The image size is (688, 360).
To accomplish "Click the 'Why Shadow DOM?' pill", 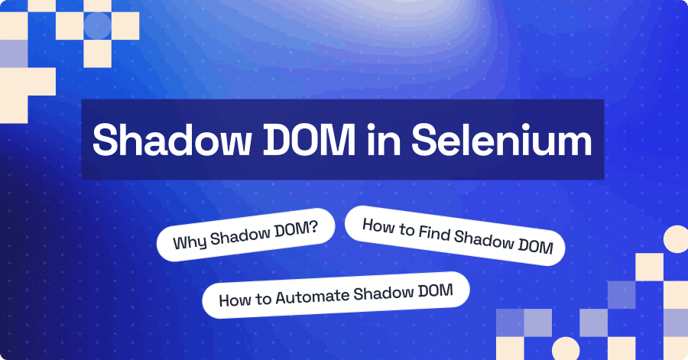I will [246, 233].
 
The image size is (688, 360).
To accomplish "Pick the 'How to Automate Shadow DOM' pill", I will [336, 294].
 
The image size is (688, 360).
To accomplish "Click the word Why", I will [189, 243].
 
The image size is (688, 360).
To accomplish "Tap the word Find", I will [432, 233].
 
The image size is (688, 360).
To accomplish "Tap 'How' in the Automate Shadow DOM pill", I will [232, 300].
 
